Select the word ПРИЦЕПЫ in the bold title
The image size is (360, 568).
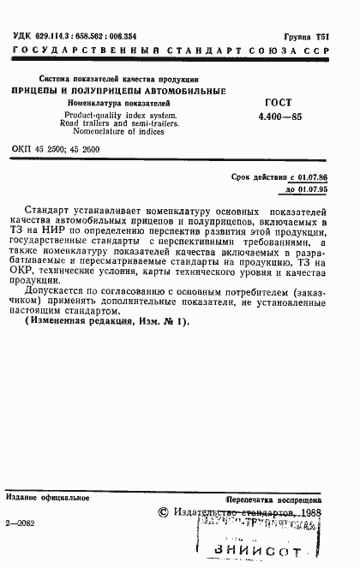point(38,90)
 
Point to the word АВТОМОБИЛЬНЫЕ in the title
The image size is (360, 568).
point(190,90)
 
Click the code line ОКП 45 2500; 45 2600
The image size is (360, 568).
point(65,148)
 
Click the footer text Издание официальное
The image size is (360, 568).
point(47,496)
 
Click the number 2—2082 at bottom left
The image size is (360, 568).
point(21,520)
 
